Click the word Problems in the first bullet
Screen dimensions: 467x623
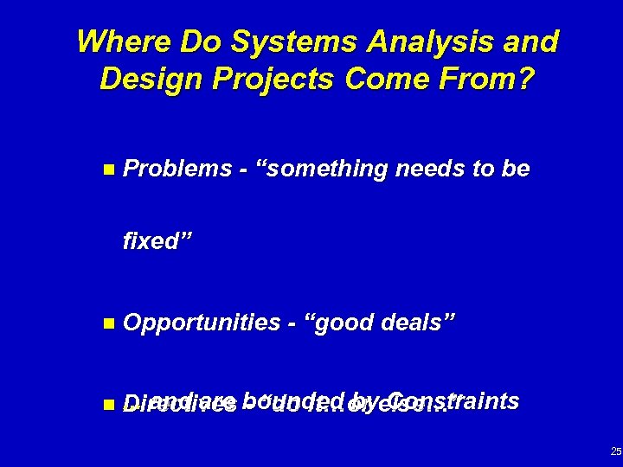(174, 170)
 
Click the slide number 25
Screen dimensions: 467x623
(614, 451)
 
